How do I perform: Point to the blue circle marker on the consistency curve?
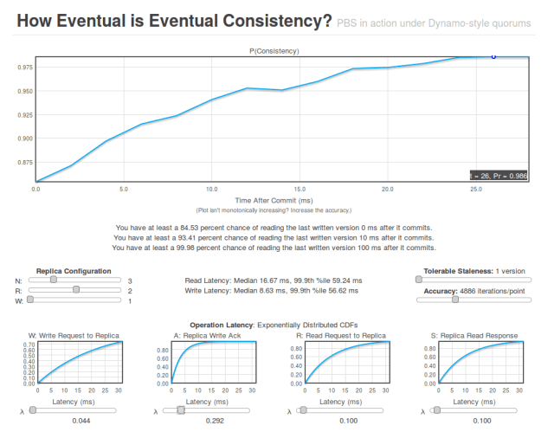click(493, 56)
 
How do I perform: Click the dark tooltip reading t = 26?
click(499, 175)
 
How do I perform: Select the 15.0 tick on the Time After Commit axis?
click(300, 188)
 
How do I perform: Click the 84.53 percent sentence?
click(276, 227)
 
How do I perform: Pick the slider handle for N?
click(54, 280)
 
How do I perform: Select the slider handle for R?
click(76, 290)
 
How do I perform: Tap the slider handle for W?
click(31, 300)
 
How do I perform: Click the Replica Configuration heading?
click(74, 271)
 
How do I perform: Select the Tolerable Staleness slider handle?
click(420, 280)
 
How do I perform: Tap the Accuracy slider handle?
click(455, 300)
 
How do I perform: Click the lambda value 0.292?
click(208, 420)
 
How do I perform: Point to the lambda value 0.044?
click(74, 420)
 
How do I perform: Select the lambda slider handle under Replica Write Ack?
click(180, 410)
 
